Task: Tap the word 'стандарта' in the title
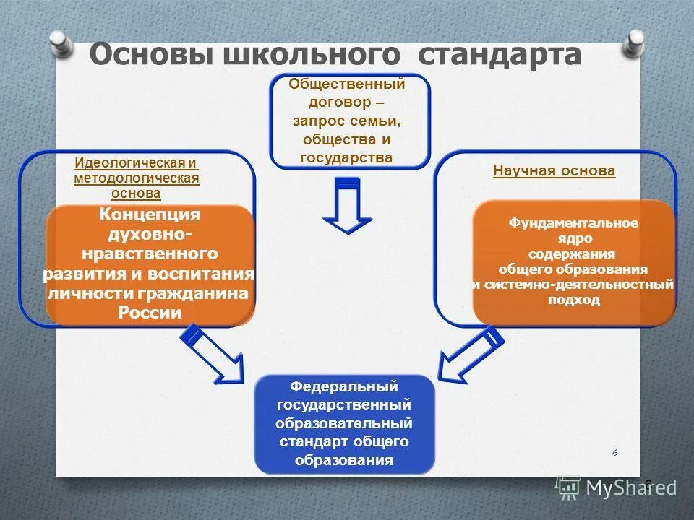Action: [x=500, y=55]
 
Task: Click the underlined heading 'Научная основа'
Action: [x=554, y=171]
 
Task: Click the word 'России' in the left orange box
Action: [x=150, y=313]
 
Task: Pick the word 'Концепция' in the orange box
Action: [x=150, y=215]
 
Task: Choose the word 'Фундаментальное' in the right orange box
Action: [x=573, y=222]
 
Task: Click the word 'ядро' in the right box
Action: [x=573, y=238]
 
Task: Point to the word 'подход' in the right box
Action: [x=573, y=300]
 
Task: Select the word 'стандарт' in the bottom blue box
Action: [x=311, y=441]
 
